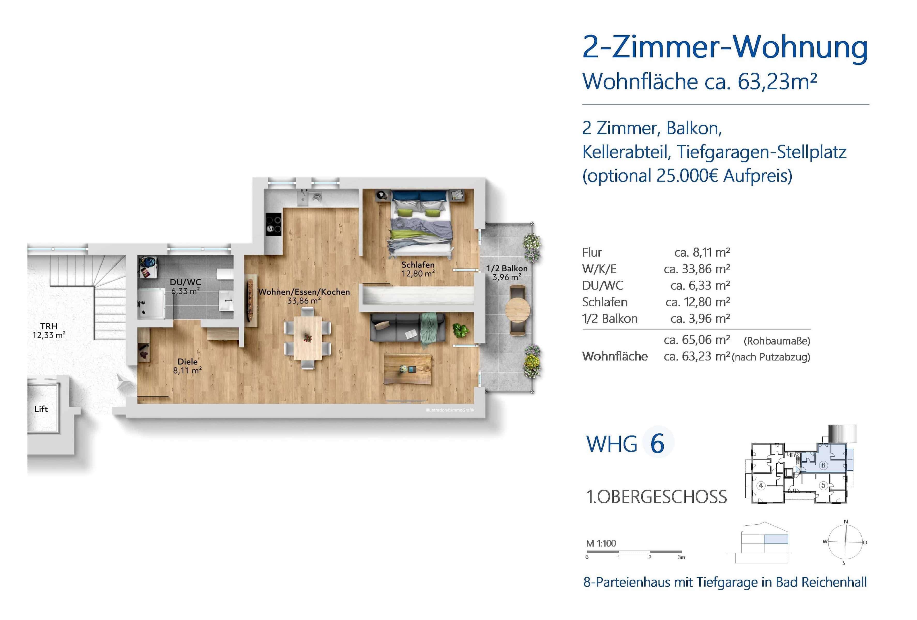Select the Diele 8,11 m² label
(x=187, y=366)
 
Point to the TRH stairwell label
(x=49, y=330)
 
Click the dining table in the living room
(x=308, y=338)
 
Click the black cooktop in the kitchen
(x=274, y=224)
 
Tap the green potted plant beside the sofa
(x=460, y=330)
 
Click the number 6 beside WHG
(x=657, y=444)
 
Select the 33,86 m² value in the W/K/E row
(x=697, y=269)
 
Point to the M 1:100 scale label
(x=601, y=543)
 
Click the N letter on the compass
(x=846, y=521)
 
